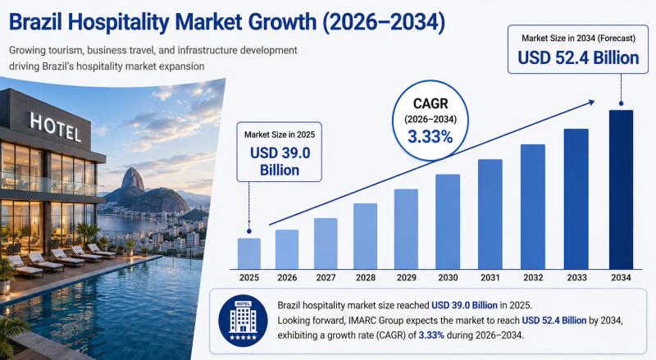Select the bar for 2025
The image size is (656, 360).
[x=249, y=253]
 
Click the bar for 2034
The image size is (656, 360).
[x=621, y=189]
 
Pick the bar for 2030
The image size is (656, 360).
[x=448, y=222]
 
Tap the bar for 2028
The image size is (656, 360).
[x=365, y=236]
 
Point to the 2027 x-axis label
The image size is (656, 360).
[x=326, y=277]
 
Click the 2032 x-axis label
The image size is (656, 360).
[x=533, y=277]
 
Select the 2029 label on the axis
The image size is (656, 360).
[x=406, y=277]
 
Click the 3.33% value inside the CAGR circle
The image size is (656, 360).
[x=430, y=137]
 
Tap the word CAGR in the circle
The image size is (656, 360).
[x=430, y=103]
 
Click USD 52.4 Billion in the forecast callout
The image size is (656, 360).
[x=578, y=57]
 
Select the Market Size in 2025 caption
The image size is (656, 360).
[x=280, y=134]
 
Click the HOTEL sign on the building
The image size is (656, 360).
[x=55, y=127]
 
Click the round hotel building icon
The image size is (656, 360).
[x=243, y=321]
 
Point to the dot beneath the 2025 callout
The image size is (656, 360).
[x=249, y=231]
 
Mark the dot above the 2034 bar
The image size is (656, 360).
[x=622, y=103]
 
